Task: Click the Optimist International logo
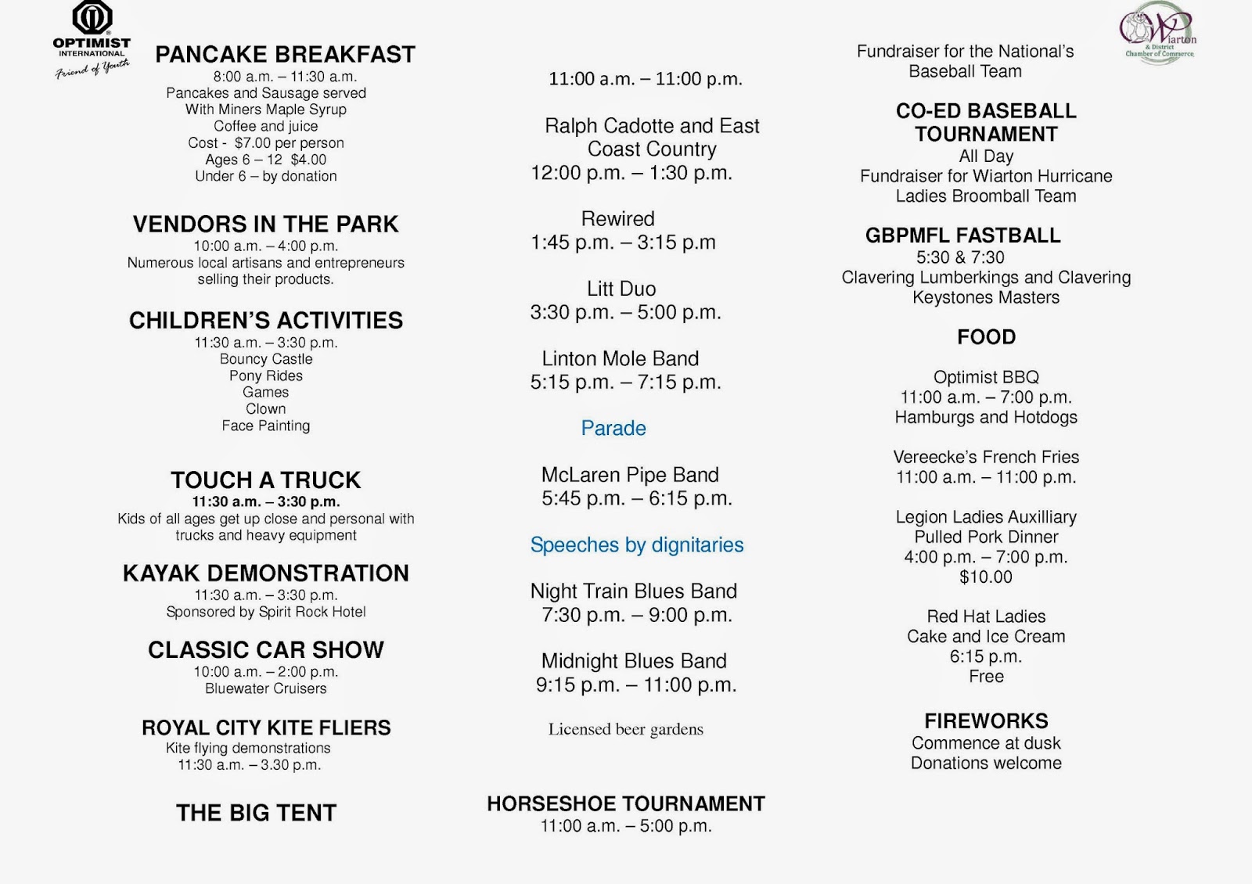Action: coord(92,39)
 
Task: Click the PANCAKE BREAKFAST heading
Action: coord(285,55)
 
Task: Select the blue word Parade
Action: coord(613,428)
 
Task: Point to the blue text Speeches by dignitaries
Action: coord(637,544)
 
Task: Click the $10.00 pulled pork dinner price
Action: coord(986,577)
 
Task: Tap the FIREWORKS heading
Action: coord(986,720)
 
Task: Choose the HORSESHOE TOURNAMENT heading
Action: coord(625,803)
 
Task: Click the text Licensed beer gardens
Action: coord(625,729)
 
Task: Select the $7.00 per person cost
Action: coord(289,143)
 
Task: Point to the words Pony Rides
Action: coord(265,376)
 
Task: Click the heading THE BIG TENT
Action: coord(257,813)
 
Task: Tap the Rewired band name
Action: coord(617,218)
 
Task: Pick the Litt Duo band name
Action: coord(621,289)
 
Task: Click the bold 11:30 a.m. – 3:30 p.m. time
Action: coord(266,501)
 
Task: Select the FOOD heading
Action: coord(986,337)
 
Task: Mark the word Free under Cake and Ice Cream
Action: coord(986,676)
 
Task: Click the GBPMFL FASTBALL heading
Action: coord(962,235)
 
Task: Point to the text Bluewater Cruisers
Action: coord(265,688)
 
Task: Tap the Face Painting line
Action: coord(265,426)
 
